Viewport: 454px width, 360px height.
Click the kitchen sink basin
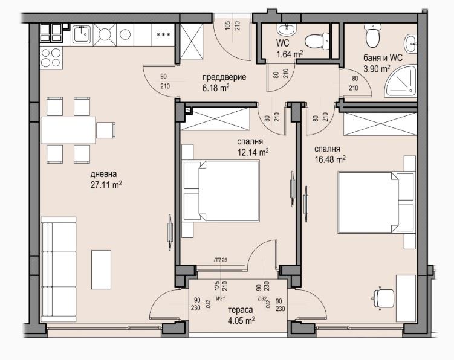click(82, 34)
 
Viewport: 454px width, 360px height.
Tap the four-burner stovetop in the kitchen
click(51, 57)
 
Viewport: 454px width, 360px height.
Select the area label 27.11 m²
click(106, 185)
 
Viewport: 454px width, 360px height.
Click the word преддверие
click(224, 77)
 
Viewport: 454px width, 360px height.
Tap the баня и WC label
click(383, 58)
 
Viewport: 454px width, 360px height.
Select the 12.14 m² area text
click(253, 152)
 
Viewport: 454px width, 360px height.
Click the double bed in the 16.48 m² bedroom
click(377, 202)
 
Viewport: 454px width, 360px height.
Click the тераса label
click(241, 310)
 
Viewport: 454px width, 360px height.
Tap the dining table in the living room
click(68, 130)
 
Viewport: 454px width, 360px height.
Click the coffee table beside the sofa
click(101, 269)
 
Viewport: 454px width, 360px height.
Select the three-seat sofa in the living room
click(59, 269)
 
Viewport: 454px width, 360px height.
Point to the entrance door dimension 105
click(227, 26)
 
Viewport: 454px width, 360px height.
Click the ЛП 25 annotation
click(220, 260)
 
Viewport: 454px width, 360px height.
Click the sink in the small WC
click(287, 29)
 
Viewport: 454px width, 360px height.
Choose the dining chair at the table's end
click(106, 130)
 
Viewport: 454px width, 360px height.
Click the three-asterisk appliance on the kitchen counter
click(163, 34)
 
